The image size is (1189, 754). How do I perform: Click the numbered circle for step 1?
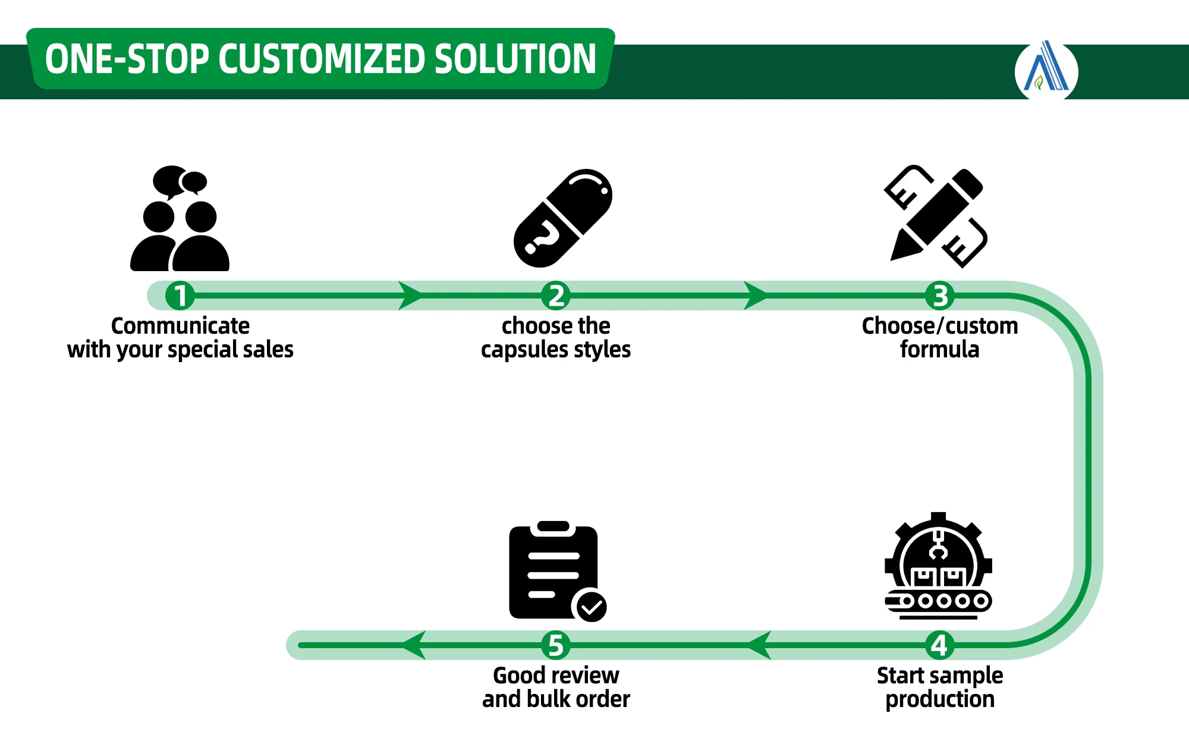(180, 296)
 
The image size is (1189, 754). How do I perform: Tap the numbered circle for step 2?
(556, 296)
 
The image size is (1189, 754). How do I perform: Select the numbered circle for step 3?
(939, 296)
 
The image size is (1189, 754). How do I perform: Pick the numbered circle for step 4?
(939, 645)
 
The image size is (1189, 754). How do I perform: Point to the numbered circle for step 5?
(556, 645)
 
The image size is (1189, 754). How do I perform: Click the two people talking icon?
(180, 219)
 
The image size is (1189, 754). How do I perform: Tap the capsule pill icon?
(562, 218)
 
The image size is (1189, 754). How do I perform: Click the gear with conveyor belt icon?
(938, 566)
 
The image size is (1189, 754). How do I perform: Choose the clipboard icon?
(553, 571)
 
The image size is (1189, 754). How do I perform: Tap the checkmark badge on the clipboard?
(591, 607)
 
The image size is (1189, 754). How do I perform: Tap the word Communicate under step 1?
(180, 326)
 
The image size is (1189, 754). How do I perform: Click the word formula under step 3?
(939, 350)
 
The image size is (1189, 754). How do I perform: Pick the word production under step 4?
(939, 699)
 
